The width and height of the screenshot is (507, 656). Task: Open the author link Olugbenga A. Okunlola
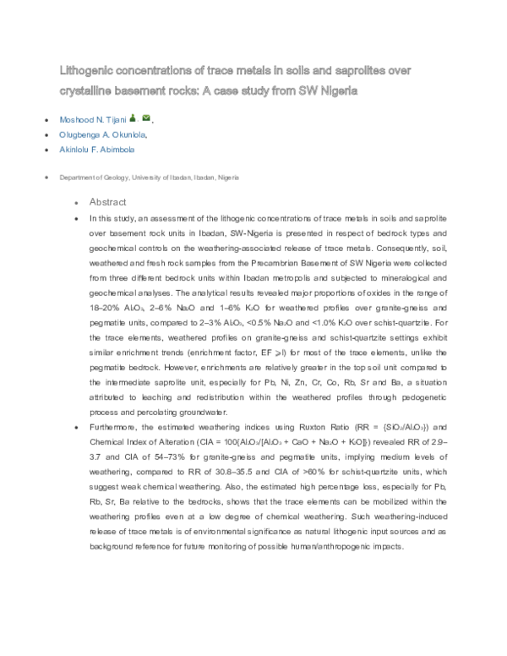click(104, 134)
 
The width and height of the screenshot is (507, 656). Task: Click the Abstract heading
click(107, 203)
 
